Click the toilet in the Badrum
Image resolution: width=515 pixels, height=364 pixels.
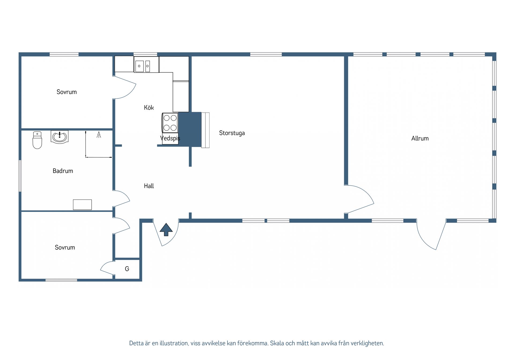click(37, 140)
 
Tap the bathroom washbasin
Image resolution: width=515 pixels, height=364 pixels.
click(60, 137)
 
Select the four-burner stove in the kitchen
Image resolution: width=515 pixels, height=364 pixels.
click(170, 123)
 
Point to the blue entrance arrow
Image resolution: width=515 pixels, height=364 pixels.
click(166, 230)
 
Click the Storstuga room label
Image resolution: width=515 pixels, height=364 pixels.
click(232, 133)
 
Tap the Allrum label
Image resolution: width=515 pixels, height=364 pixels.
click(420, 138)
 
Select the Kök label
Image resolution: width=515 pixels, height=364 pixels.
click(149, 108)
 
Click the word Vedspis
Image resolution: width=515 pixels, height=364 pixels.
click(170, 138)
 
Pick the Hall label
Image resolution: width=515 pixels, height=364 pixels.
click(149, 186)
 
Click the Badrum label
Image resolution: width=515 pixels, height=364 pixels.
click(63, 171)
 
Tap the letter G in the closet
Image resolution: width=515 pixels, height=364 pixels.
click(127, 269)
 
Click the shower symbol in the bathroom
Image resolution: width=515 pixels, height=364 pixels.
click(99, 135)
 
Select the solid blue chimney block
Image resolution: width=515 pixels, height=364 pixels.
click(190, 129)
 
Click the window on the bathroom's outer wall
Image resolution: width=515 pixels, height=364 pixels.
click(20, 176)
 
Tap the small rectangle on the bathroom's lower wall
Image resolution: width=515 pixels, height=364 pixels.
click(82, 205)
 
